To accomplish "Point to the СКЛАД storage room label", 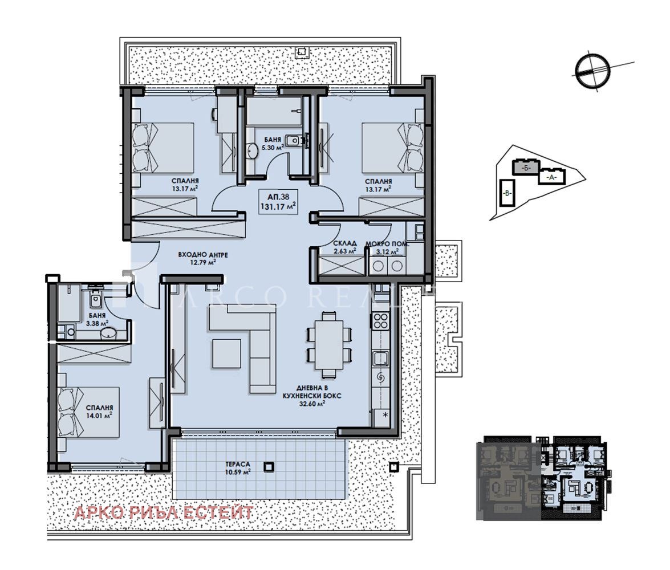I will pos(344,243).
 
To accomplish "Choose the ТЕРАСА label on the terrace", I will pos(238,464).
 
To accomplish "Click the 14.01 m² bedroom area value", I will pos(99,416).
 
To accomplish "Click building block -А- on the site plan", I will pos(551,177).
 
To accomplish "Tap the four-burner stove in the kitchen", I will pos(380,321).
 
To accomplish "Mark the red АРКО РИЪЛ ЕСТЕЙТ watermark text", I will pos(164,512).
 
